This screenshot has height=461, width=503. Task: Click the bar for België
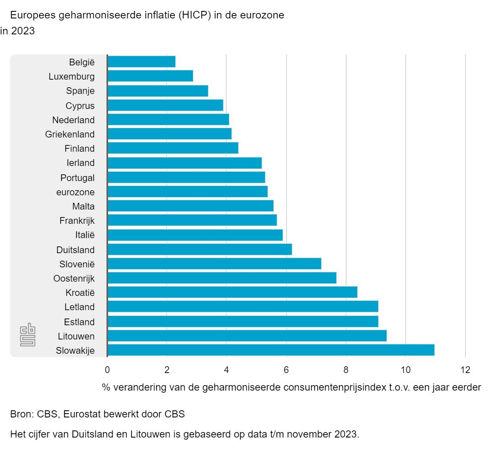pos(142,62)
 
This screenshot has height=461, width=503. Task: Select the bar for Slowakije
pos(271,350)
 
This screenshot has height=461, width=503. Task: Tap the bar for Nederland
pos(169,119)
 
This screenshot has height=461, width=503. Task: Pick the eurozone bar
pos(188,192)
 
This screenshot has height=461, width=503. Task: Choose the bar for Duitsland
pos(200,249)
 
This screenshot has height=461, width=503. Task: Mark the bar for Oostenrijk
pos(222,278)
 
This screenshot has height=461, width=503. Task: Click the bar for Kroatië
pos(233,292)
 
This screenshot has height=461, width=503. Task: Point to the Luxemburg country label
pos(72,76)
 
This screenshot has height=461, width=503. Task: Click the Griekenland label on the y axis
pos(70,134)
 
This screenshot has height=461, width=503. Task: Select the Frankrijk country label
pos(77,220)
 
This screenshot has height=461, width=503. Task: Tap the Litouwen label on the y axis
pos(76,336)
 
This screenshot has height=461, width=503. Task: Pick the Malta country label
pos(83,206)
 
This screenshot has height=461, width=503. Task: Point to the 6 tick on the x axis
pos(286,370)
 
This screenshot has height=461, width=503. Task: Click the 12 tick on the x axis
pos(465,370)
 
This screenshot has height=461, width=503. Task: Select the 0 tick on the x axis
pos(107,370)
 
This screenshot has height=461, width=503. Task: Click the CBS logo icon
pos(28,334)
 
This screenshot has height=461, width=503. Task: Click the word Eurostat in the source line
pos(82,414)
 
